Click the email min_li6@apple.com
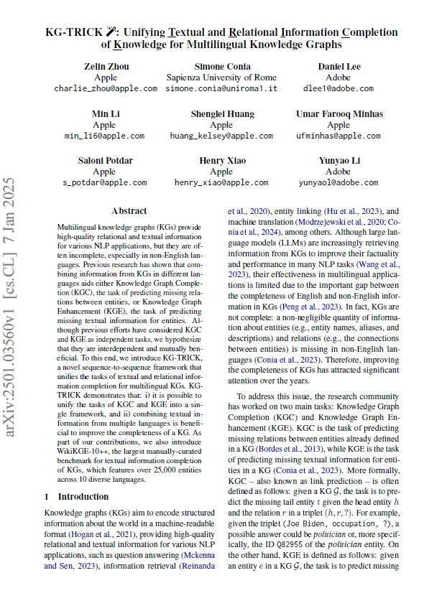pyautogui.click(x=104, y=136)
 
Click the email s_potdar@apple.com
pyautogui.click(x=104, y=183)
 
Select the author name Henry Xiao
pyautogui.click(x=221, y=161)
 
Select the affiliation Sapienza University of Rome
pyautogui.click(x=221, y=78)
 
